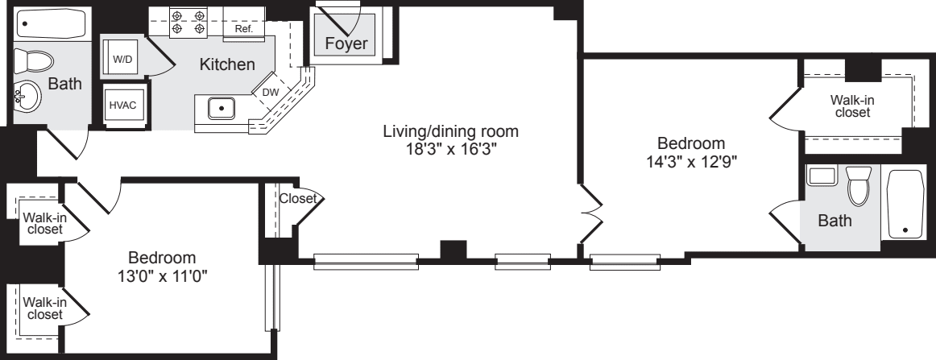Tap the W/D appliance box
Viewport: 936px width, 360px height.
pyautogui.click(x=121, y=60)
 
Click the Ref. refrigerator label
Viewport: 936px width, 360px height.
pyautogui.click(x=243, y=28)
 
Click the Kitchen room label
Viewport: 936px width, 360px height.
pyautogui.click(x=227, y=64)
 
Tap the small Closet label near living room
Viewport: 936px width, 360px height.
pyautogui.click(x=299, y=197)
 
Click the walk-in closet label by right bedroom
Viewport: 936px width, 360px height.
pyautogui.click(x=851, y=106)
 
